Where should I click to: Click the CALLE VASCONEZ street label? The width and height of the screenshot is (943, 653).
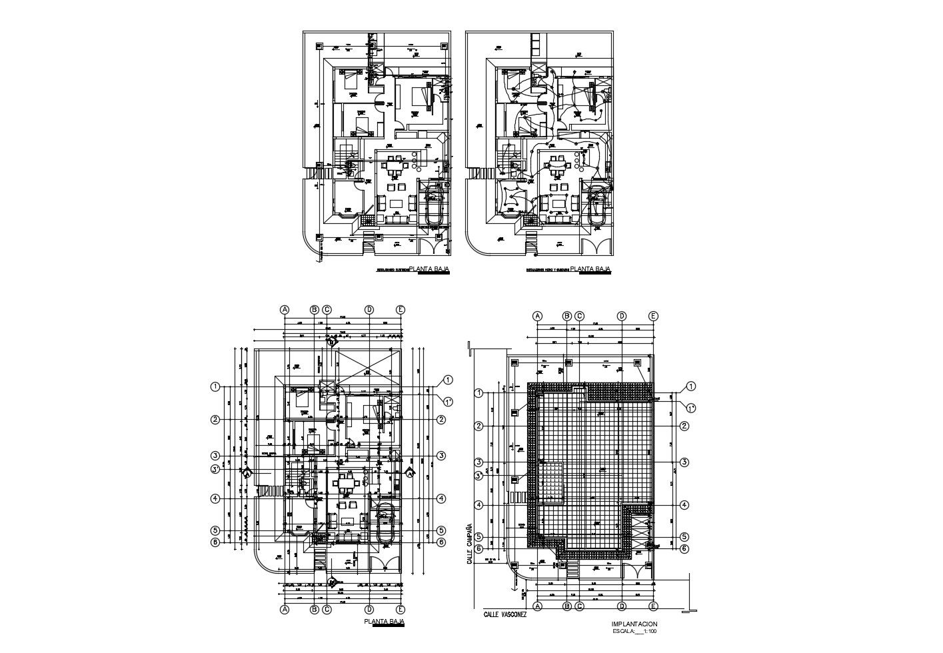click(x=504, y=614)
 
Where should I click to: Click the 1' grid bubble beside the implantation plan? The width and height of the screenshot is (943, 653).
click(x=691, y=407)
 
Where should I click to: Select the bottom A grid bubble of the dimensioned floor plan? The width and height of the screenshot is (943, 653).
click(x=285, y=608)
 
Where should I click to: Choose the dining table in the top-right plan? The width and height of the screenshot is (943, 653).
click(x=554, y=163)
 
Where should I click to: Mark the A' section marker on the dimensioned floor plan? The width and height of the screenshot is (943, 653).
click(x=246, y=473)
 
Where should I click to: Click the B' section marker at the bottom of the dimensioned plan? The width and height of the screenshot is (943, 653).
click(x=331, y=582)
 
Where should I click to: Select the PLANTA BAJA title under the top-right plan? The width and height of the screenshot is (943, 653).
click(x=594, y=270)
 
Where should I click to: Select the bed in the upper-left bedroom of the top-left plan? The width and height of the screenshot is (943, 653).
click(x=351, y=82)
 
